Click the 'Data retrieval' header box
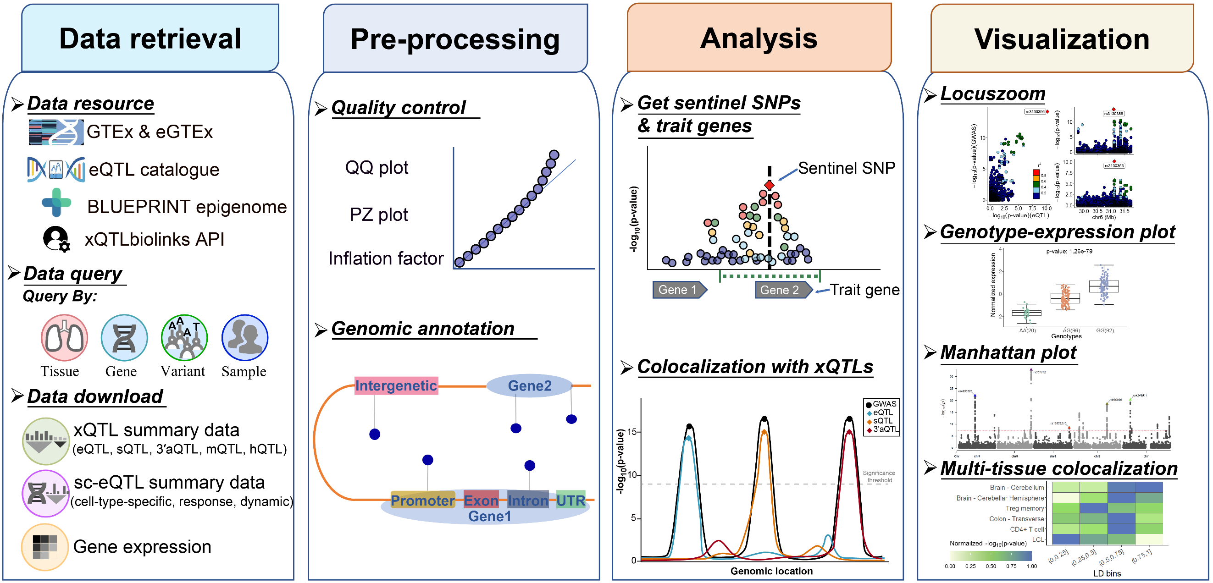point(150,38)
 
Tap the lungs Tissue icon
point(64,337)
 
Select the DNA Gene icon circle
point(124,337)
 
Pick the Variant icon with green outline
point(184,337)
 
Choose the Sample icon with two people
point(245,337)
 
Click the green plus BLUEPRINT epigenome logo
point(56,202)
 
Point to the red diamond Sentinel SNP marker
point(770,185)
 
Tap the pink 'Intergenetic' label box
point(396,385)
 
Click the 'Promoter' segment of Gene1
point(422,500)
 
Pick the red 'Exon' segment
point(481,500)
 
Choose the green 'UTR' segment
point(570,500)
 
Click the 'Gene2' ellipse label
point(529,386)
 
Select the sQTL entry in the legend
point(882,421)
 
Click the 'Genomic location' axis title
point(771,571)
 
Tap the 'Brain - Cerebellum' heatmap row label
point(1016,488)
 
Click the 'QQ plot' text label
point(376,167)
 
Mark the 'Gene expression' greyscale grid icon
point(45,547)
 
